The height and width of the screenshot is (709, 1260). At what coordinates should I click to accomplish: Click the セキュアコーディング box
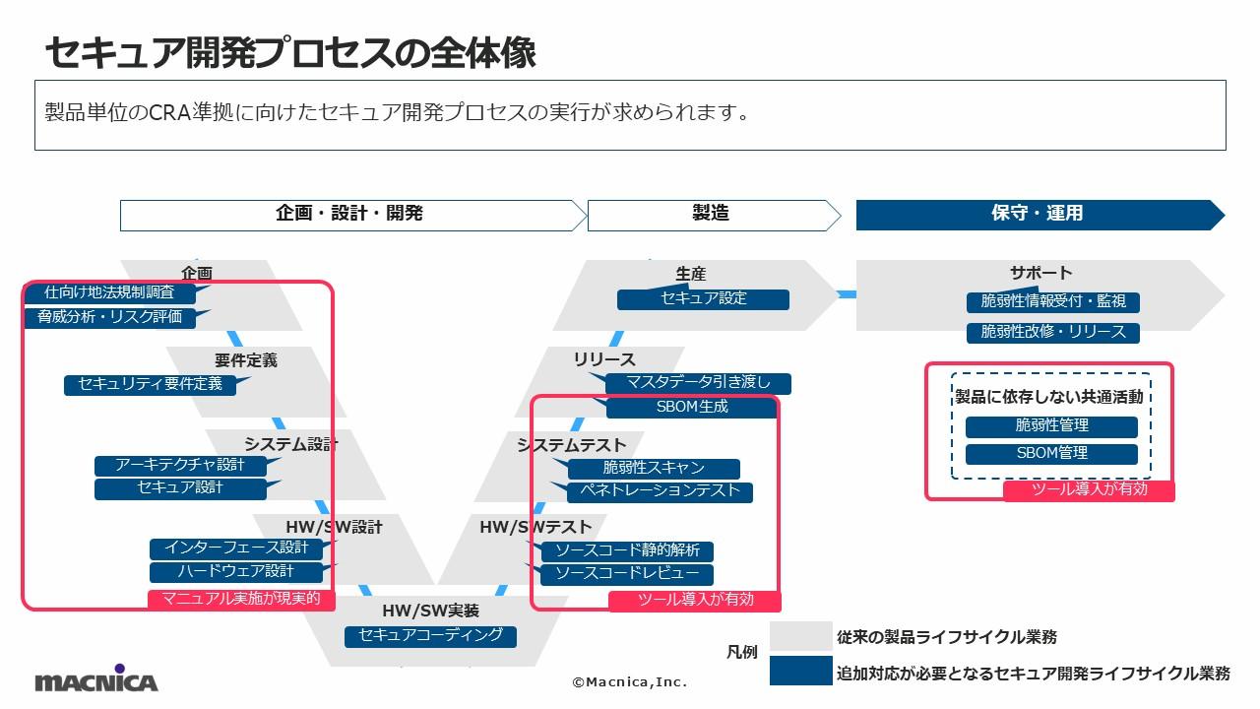[430, 636]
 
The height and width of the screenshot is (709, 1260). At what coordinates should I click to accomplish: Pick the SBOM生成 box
[692, 407]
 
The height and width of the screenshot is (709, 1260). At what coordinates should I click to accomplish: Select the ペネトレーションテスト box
[660, 491]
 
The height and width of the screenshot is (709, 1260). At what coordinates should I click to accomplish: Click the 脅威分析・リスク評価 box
[110, 317]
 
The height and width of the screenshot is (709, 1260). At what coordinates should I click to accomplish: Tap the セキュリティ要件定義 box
[150, 384]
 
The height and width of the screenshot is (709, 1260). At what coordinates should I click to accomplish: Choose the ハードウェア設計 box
[236, 571]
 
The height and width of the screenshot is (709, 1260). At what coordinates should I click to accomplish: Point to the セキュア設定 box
[703, 298]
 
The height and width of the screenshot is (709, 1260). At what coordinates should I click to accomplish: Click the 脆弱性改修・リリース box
[1052, 332]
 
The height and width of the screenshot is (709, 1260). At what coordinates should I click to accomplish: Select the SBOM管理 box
[1051, 454]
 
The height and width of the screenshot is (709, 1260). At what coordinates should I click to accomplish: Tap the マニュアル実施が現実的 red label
[241, 599]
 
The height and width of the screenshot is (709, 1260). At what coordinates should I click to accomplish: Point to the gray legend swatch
[799, 636]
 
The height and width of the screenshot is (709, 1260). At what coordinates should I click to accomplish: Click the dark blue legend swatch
[799, 672]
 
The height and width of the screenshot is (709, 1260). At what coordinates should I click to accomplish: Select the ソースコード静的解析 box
[627, 550]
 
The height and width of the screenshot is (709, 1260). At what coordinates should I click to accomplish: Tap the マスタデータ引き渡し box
[697, 383]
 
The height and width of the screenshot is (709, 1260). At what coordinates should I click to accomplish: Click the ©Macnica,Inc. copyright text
[630, 681]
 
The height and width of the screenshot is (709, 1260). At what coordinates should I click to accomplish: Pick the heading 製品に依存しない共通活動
[1050, 397]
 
